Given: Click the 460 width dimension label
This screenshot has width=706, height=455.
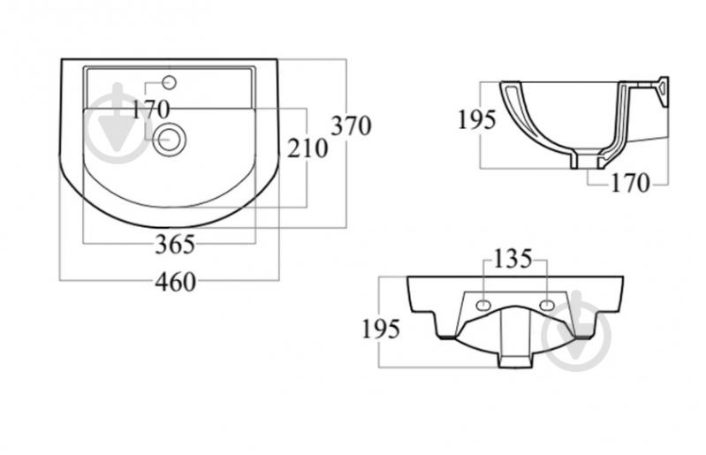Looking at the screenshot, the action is coord(176,282).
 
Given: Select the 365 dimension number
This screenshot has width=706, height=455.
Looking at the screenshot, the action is coord(175,245).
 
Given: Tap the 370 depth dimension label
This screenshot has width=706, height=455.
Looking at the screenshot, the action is coord(352,125).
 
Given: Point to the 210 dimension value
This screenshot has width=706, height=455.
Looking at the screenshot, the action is coord(307,148).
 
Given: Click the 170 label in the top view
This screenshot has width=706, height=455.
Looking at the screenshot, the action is coord(151,109).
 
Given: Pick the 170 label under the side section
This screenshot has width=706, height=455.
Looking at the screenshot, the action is coord(630,183).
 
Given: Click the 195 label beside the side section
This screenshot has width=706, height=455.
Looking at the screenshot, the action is coord(477,119).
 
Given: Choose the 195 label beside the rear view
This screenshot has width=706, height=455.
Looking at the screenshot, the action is coord(381,329).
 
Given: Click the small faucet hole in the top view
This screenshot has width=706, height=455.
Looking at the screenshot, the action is coord(171,82).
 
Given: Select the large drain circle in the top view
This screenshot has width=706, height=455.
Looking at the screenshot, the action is coord(169,139).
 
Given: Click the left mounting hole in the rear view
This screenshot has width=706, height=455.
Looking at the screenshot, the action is coord(483,305).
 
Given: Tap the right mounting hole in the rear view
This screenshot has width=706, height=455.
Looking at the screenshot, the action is coord(547,305).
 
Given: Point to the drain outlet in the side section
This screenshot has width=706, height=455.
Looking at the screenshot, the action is coord(587,162).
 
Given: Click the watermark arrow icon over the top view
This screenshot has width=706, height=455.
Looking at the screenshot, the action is coord(118,123).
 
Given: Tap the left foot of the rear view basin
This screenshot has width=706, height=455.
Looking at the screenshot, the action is coord(445,336).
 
